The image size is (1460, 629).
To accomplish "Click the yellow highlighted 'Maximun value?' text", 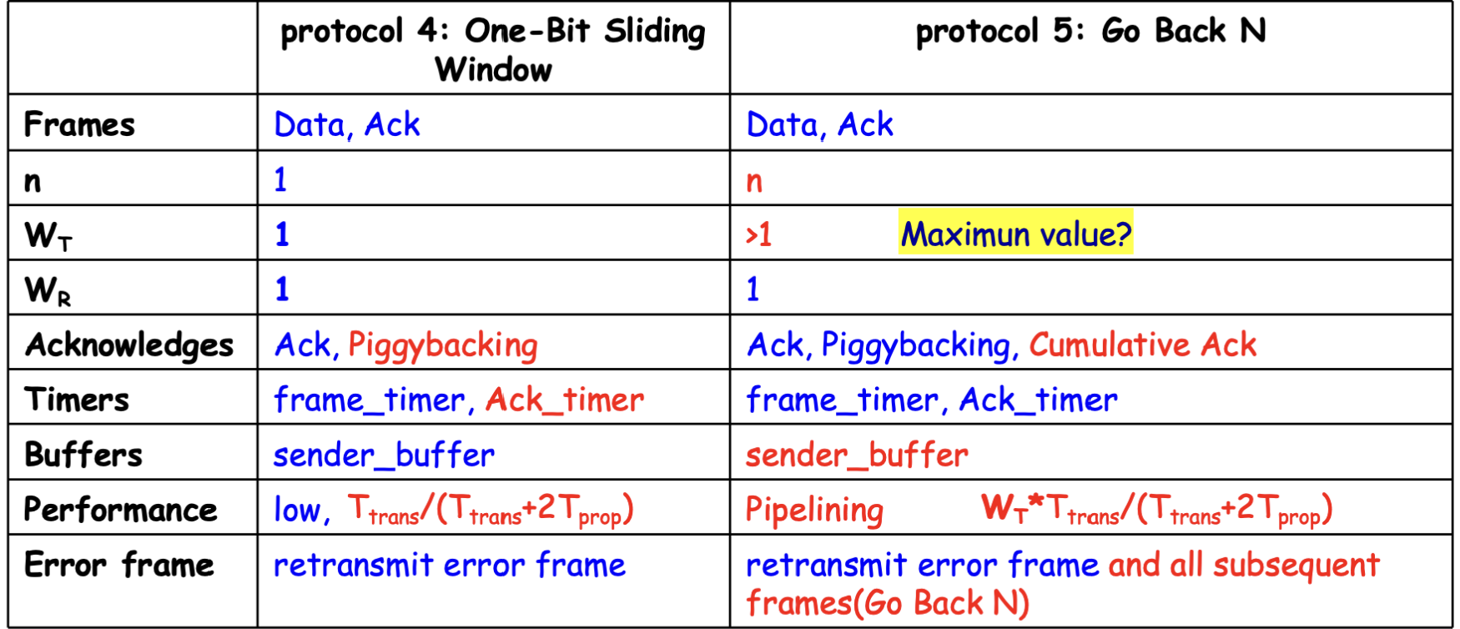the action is pos(1015,234).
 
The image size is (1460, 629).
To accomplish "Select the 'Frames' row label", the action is pos(79,125).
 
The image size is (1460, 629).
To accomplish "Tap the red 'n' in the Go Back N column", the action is pos(754,181).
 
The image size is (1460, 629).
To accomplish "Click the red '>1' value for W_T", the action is pos(758,234).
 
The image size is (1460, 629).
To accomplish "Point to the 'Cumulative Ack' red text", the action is pos(1143,345).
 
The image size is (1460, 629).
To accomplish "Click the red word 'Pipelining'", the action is pos(814,510).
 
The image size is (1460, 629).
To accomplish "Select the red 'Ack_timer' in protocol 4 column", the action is pos(565,400).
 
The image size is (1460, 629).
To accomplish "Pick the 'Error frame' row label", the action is pos(119,565).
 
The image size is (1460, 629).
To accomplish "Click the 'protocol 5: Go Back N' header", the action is pos(1090,32).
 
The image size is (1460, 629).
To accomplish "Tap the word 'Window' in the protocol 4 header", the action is pos(494,69).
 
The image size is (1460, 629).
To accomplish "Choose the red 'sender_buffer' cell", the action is pos(857,455).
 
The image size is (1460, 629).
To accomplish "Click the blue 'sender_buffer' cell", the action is pos(384,455).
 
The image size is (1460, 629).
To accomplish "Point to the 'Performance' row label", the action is pos(121,510).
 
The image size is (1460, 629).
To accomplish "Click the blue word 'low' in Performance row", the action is pos(296,510).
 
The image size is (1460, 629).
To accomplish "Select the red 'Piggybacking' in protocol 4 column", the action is pos(443,345).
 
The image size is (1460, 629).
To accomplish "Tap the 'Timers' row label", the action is pos(77,400).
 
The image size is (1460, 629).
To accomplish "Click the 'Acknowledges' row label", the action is pos(129,345).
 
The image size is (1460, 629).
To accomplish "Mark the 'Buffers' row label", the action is pos(83,455).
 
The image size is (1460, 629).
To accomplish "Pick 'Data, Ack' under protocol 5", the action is pos(819,125).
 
